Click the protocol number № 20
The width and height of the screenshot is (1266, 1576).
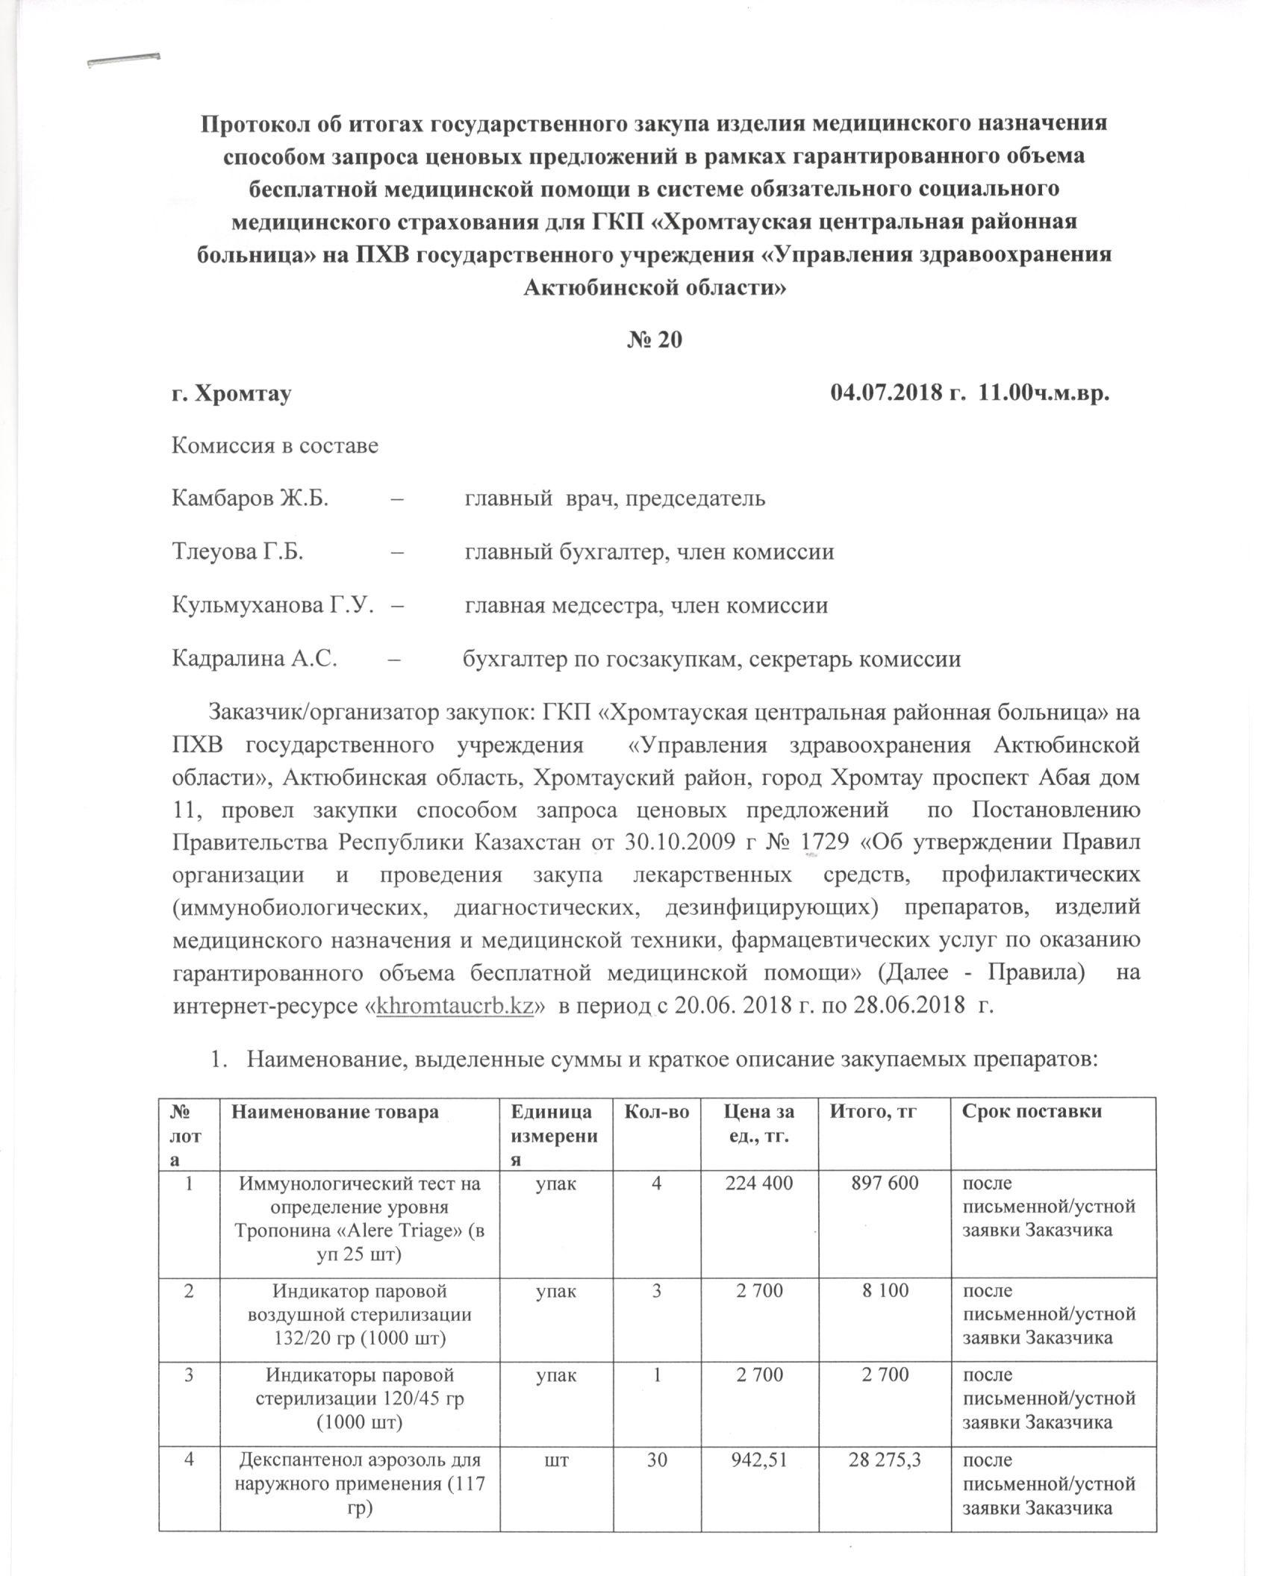[x=654, y=339]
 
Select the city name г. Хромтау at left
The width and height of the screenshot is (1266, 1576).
[x=231, y=393]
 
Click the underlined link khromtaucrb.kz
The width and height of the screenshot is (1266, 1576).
[x=459, y=1005]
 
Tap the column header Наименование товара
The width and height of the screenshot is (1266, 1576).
[x=335, y=1111]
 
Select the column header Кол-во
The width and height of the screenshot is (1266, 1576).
[x=655, y=1111]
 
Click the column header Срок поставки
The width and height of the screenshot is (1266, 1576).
[x=1032, y=1111]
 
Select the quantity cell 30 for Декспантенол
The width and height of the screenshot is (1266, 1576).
[x=655, y=1479]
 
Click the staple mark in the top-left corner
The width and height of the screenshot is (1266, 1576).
[x=123, y=60]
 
